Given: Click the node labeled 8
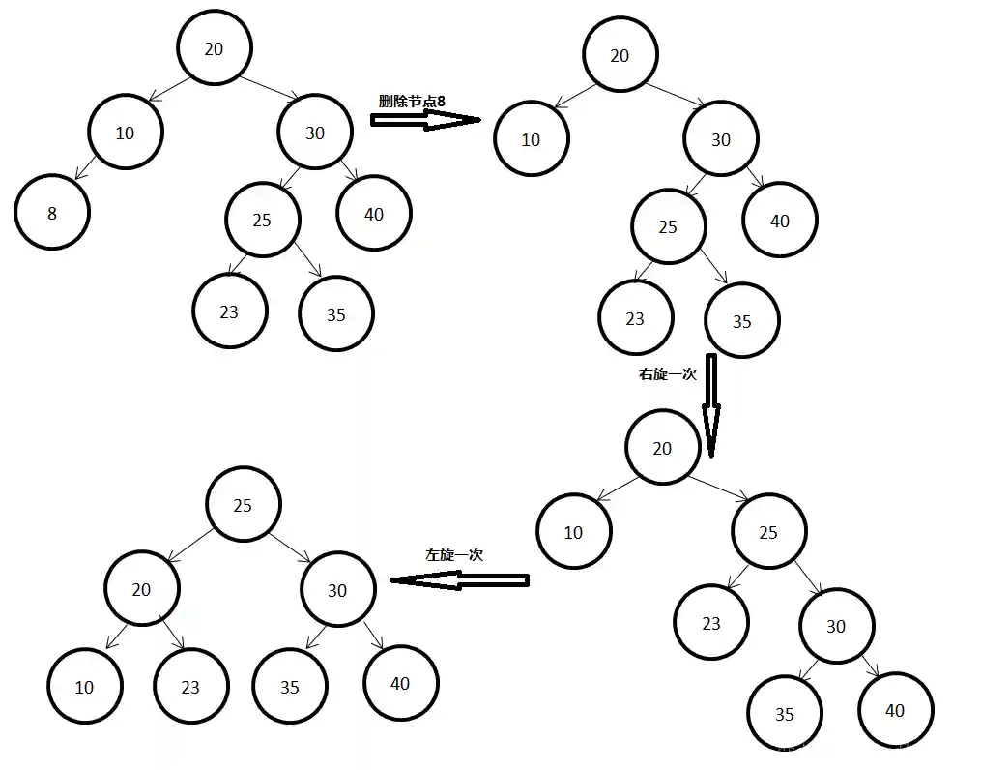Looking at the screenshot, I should pyautogui.click(x=52, y=213).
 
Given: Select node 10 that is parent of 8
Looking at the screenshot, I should pyautogui.click(x=125, y=133).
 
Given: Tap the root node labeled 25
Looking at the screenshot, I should pyautogui.click(x=243, y=505).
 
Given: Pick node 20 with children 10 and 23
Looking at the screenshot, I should pyautogui.click(x=141, y=589).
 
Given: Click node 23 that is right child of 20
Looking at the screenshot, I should pyautogui.click(x=190, y=686).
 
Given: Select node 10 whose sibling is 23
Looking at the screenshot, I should pyautogui.click(x=84, y=686).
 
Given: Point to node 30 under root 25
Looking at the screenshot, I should pyautogui.click(x=336, y=589).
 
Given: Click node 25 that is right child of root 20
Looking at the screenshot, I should pyautogui.click(x=768, y=532).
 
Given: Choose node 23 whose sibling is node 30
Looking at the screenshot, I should pyautogui.click(x=711, y=624).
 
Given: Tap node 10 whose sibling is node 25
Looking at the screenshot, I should pyautogui.click(x=573, y=532).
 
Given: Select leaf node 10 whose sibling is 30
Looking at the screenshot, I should pyautogui.click(x=531, y=139).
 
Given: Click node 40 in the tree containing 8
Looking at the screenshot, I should pyautogui.click(x=374, y=214).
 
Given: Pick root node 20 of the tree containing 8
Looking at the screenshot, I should pyautogui.click(x=214, y=48).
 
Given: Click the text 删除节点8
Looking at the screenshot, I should pyautogui.click(x=412, y=101).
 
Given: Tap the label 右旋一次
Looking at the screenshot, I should pyautogui.click(x=667, y=374).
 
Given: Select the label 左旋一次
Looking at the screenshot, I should pyautogui.click(x=453, y=555).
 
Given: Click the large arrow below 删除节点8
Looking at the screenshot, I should pyautogui.click(x=425, y=119).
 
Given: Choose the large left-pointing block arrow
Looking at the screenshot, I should pyautogui.click(x=459, y=580).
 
